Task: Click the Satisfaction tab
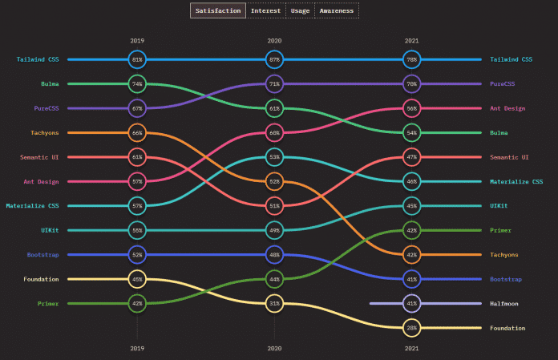click(x=217, y=10)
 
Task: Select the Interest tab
click(x=265, y=10)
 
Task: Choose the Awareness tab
click(x=337, y=10)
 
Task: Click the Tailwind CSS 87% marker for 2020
click(x=274, y=59)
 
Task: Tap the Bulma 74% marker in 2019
click(x=137, y=83)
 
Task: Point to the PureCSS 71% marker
click(x=274, y=83)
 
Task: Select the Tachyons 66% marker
click(x=137, y=132)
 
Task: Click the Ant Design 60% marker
click(x=274, y=132)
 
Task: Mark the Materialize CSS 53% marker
click(x=274, y=157)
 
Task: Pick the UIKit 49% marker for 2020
click(x=274, y=230)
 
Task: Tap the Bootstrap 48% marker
click(x=274, y=255)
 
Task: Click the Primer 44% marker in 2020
click(x=274, y=279)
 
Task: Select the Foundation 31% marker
click(x=274, y=303)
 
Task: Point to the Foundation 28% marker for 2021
click(x=411, y=328)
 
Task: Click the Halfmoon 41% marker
click(x=411, y=303)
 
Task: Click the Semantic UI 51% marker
click(x=274, y=206)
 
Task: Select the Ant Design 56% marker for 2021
click(x=411, y=108)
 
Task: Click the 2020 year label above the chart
click(x=274, y=39)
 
